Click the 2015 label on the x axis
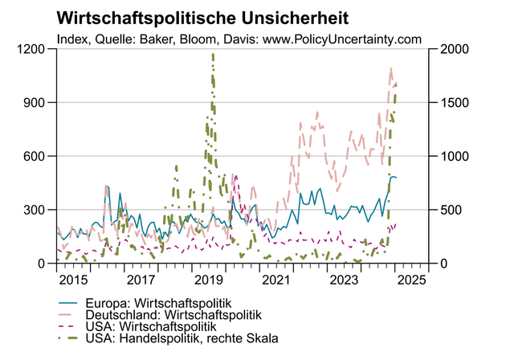pos(73,280)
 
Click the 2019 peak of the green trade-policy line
pos(213,54)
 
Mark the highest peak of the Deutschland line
pos(390,69)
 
